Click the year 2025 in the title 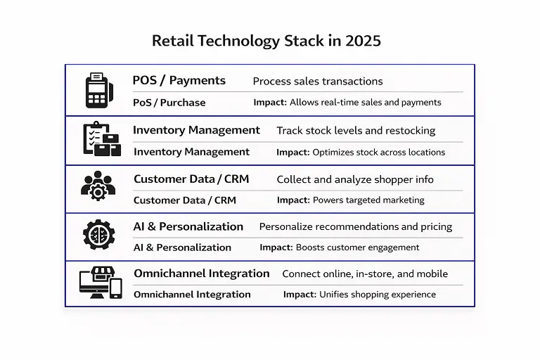coord(363,41)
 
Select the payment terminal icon coord(99,90)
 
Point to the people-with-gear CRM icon coord(98,185)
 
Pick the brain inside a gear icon coord(98,234)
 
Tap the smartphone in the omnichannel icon coord(116,288)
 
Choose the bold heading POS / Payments coord(179,80)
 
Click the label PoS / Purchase coord(169,103)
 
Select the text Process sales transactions coord(318,82)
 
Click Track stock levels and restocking coord(356,131)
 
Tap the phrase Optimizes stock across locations coord(378,152)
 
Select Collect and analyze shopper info coord(355,179)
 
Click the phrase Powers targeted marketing coord(368,200)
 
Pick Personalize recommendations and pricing coord(356,227)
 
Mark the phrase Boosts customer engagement coord(357,247)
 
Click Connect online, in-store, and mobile coord(365,274)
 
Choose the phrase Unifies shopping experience coord(378,295)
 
